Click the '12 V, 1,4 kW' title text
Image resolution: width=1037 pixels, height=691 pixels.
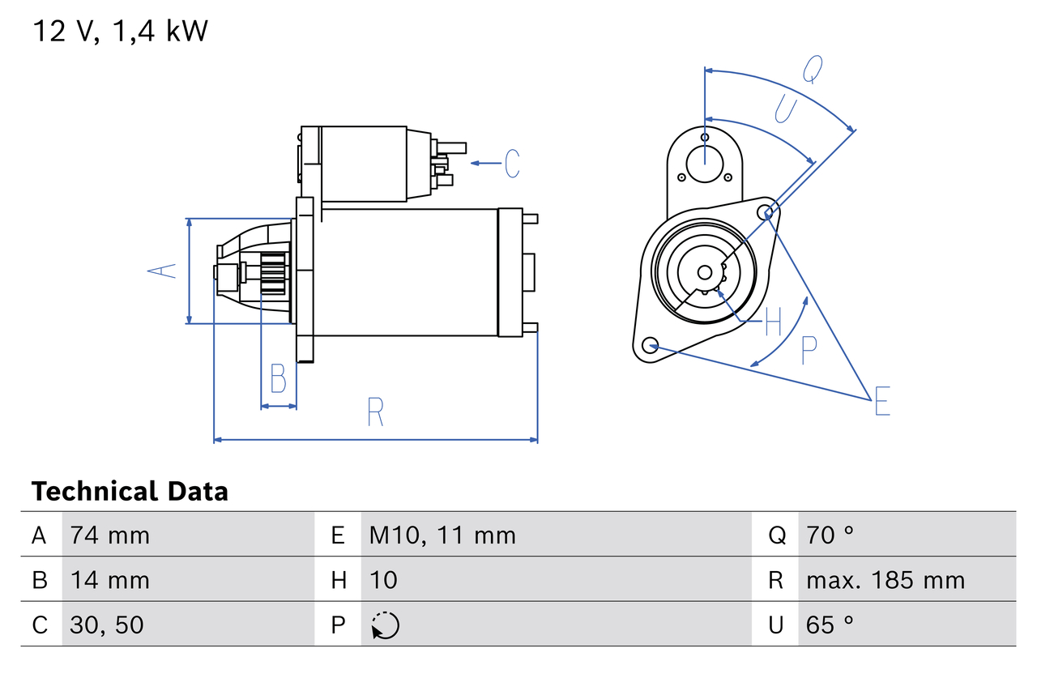tap(120, 31)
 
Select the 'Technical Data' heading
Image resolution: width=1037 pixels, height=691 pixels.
tap(130, 492)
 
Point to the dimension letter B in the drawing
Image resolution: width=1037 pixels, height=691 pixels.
tap(278, 378)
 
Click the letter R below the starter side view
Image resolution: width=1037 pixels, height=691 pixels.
tap(374, 412)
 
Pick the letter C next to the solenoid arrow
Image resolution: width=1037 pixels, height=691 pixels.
tap(511, 164)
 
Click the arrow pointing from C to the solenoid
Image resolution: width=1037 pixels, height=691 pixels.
tap(485, 164)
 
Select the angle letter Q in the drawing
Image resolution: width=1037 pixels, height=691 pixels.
tap(813, 70)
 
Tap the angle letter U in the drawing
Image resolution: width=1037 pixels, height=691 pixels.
tap(785, 109)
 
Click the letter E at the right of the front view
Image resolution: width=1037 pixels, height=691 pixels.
tap(882, 402)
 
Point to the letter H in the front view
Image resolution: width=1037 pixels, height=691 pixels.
tap(773, 322)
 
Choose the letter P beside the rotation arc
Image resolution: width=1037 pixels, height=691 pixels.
tap(809, 350)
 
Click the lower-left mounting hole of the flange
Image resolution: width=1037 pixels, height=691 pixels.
tap(649, 346)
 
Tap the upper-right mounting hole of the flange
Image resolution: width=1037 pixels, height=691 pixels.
tap(766, 212)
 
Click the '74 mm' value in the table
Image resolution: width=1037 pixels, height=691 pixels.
tap(109, 535)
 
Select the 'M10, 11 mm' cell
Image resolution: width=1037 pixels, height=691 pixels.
tap(442, 535)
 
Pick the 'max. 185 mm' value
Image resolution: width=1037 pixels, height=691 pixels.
tap(886, 580)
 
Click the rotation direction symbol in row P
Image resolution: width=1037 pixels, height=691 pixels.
tap(385, 625)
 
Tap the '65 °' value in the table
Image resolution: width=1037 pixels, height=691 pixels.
tap(830, 625)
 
